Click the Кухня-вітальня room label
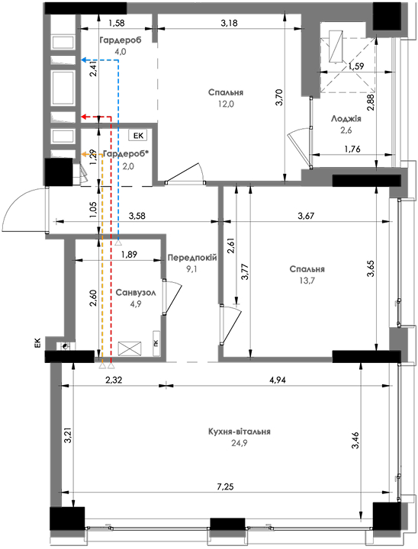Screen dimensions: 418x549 pyautogui.click(x=240, y=432)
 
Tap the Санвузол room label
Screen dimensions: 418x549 pyautogui.click(x=136, y=292)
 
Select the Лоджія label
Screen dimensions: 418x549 pyautogui.click(x=346, y=119)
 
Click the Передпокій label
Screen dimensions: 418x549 pyautogui.click(x=192, y=258)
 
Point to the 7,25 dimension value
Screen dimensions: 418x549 pyautogui.click(x=225, y=486)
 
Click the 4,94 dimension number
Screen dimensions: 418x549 pyautogui.click(x=278, y=380)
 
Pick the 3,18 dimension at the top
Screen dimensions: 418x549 pyautogui.click(x=229, y=23)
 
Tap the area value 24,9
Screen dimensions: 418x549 pyautogui.click(x=240, y=443)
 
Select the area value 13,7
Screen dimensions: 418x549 pyautogui.click(x=307, y=281)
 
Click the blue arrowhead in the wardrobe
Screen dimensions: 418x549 pyautogui.click(x=84, y=60)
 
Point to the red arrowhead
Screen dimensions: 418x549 pyautogui.click(x=84, y=117)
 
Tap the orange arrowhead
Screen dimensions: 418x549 pyautogui.click(x=84, y=154)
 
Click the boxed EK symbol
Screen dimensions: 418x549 pyautogui.click(x=138, y=136)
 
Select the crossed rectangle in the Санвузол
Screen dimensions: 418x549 pyautogui.click(x=130, y=348)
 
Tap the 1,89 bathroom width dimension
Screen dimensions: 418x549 pyautogui.click(x=129, y=254)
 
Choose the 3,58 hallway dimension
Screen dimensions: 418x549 pyautogui.click(x=137, y=216)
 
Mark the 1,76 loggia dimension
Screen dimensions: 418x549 pyautogui.click(x=352, y=149)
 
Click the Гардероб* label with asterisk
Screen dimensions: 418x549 pyautogui.click(x=126, y=154)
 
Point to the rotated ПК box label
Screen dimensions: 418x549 pyautogui.click(x=156, y=343)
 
